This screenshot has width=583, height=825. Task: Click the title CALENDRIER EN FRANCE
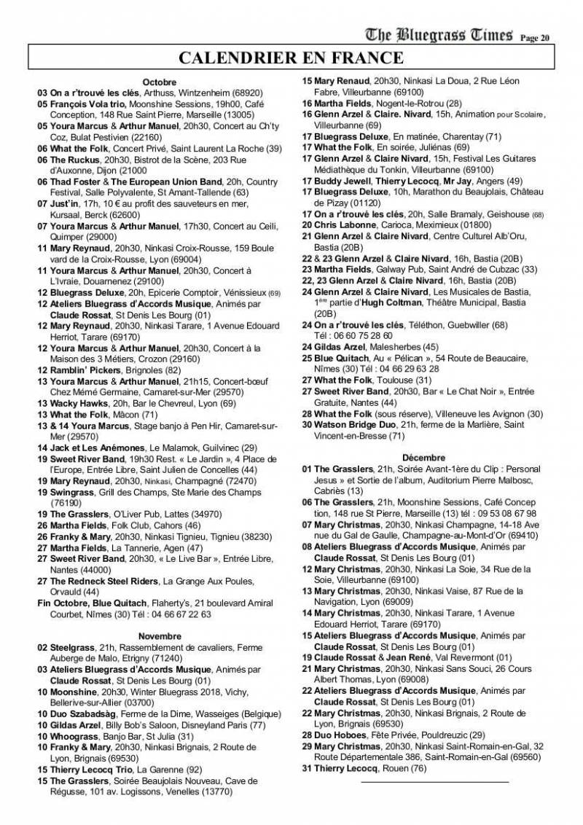click(x=291, y=58)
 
